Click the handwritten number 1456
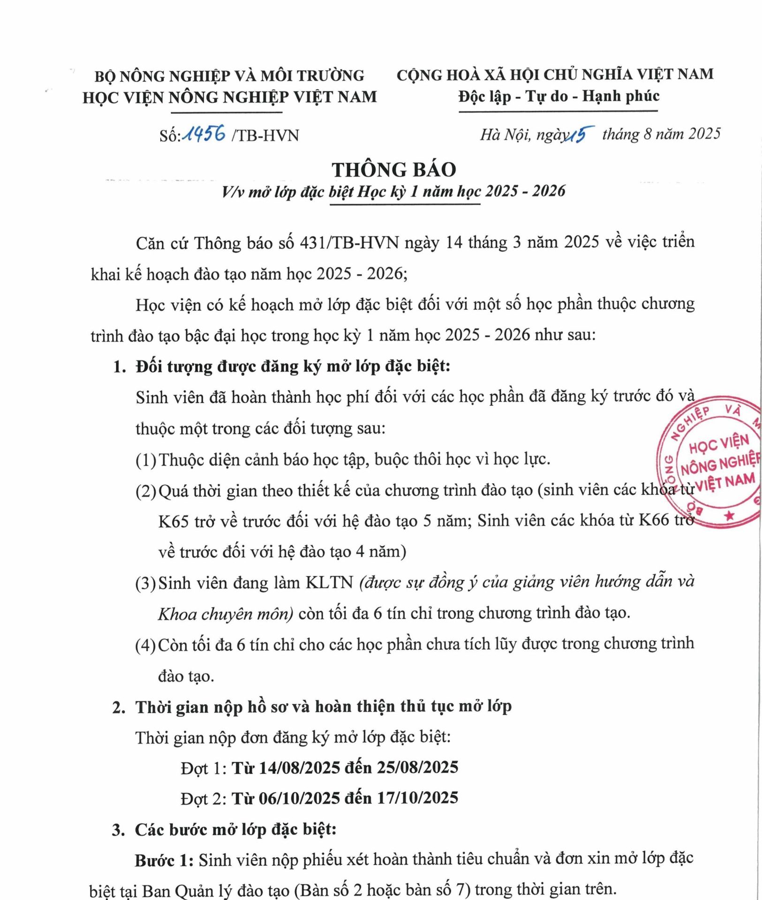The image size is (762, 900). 204,134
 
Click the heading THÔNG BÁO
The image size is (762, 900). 394,170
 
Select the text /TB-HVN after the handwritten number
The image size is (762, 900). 265,135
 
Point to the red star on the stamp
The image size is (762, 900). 729,516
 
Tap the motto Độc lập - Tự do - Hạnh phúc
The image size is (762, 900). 559,97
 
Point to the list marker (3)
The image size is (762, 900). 145,583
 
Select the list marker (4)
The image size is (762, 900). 145,645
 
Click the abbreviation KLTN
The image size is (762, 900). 329,583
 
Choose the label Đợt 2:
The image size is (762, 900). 204,798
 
